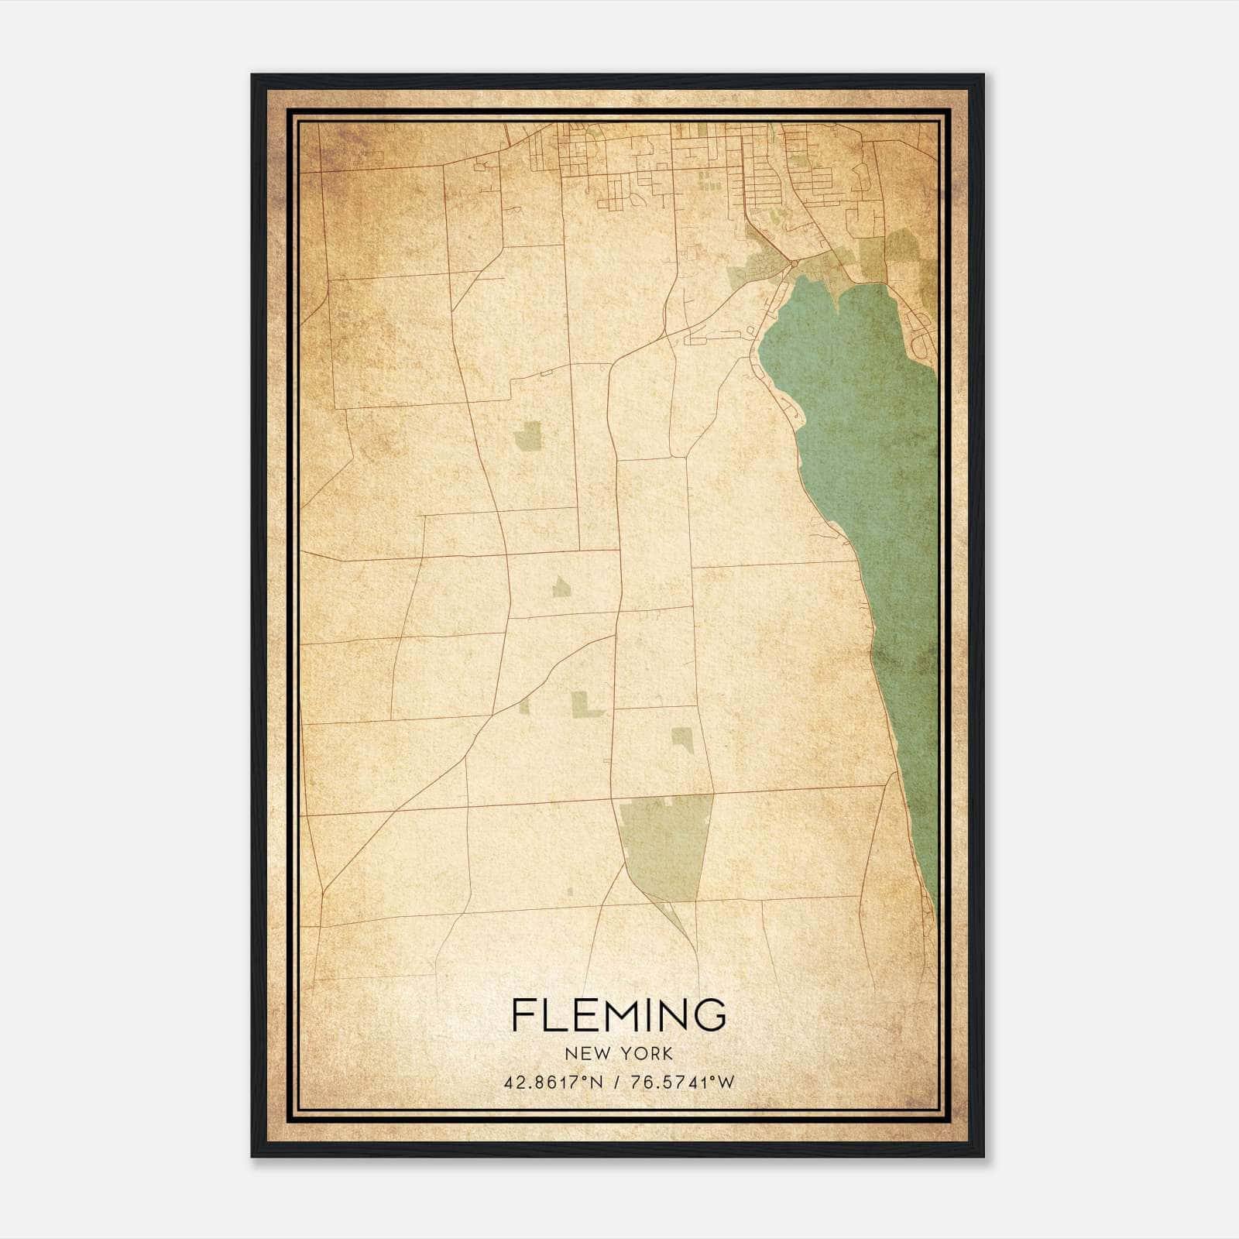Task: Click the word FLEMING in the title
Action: point(619,1015)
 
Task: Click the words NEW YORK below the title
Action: point(619,1054)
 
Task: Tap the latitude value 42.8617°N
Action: point(553,1083)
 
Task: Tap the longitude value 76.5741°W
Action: point(682,1083)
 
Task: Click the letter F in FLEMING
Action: point(522,1015)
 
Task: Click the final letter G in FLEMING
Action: point(711,1015)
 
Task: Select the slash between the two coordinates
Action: point(616,1083)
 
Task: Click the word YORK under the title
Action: point(645,1054)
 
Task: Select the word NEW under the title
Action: point(587,1054)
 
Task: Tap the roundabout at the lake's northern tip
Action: point(795,265)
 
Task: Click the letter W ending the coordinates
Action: point(726,1083)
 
